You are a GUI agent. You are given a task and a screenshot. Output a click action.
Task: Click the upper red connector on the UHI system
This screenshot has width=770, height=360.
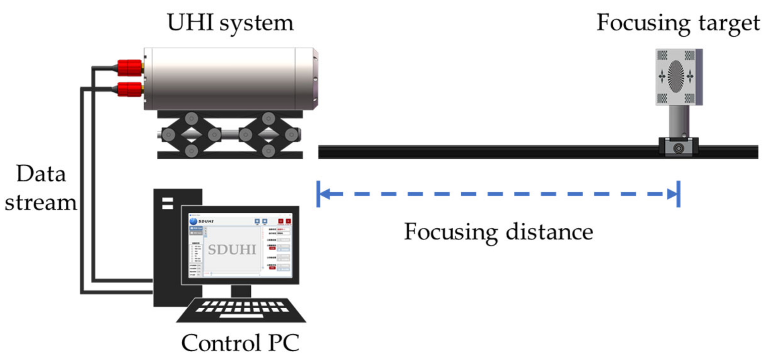coord(130,68)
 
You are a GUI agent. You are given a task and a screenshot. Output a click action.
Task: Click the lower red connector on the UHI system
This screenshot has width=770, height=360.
coord(130,89)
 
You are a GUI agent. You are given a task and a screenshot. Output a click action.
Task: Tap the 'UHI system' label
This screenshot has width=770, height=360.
coord(230,23)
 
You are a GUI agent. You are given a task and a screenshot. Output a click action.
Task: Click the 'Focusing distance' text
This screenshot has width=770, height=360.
coord(499,232)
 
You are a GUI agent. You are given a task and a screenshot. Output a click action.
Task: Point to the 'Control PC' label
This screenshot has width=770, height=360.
coord(240,343)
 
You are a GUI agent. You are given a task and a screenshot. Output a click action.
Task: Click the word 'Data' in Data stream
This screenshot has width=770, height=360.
coord(41,174)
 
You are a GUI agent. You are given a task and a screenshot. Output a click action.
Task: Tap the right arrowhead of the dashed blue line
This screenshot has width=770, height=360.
coord(672,194)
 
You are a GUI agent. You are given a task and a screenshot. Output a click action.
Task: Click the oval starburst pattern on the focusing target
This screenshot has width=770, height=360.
coord(676,76)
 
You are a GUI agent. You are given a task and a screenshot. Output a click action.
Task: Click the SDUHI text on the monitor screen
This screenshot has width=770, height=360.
coord(232,250)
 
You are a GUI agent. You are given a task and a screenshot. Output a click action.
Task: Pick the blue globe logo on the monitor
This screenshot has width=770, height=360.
coord(193,221)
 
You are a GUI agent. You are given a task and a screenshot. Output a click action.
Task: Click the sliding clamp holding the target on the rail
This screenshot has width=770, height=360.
coord(678,147)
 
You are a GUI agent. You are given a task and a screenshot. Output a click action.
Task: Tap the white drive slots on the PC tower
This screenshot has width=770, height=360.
coord(167,203)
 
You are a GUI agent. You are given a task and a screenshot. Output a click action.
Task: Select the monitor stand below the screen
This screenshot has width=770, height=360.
coord(241,291)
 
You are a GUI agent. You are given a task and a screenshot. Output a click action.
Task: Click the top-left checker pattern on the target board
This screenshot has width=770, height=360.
coord(662,55)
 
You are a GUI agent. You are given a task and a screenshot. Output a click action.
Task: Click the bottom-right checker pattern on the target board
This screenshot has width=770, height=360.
coord(689,98)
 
